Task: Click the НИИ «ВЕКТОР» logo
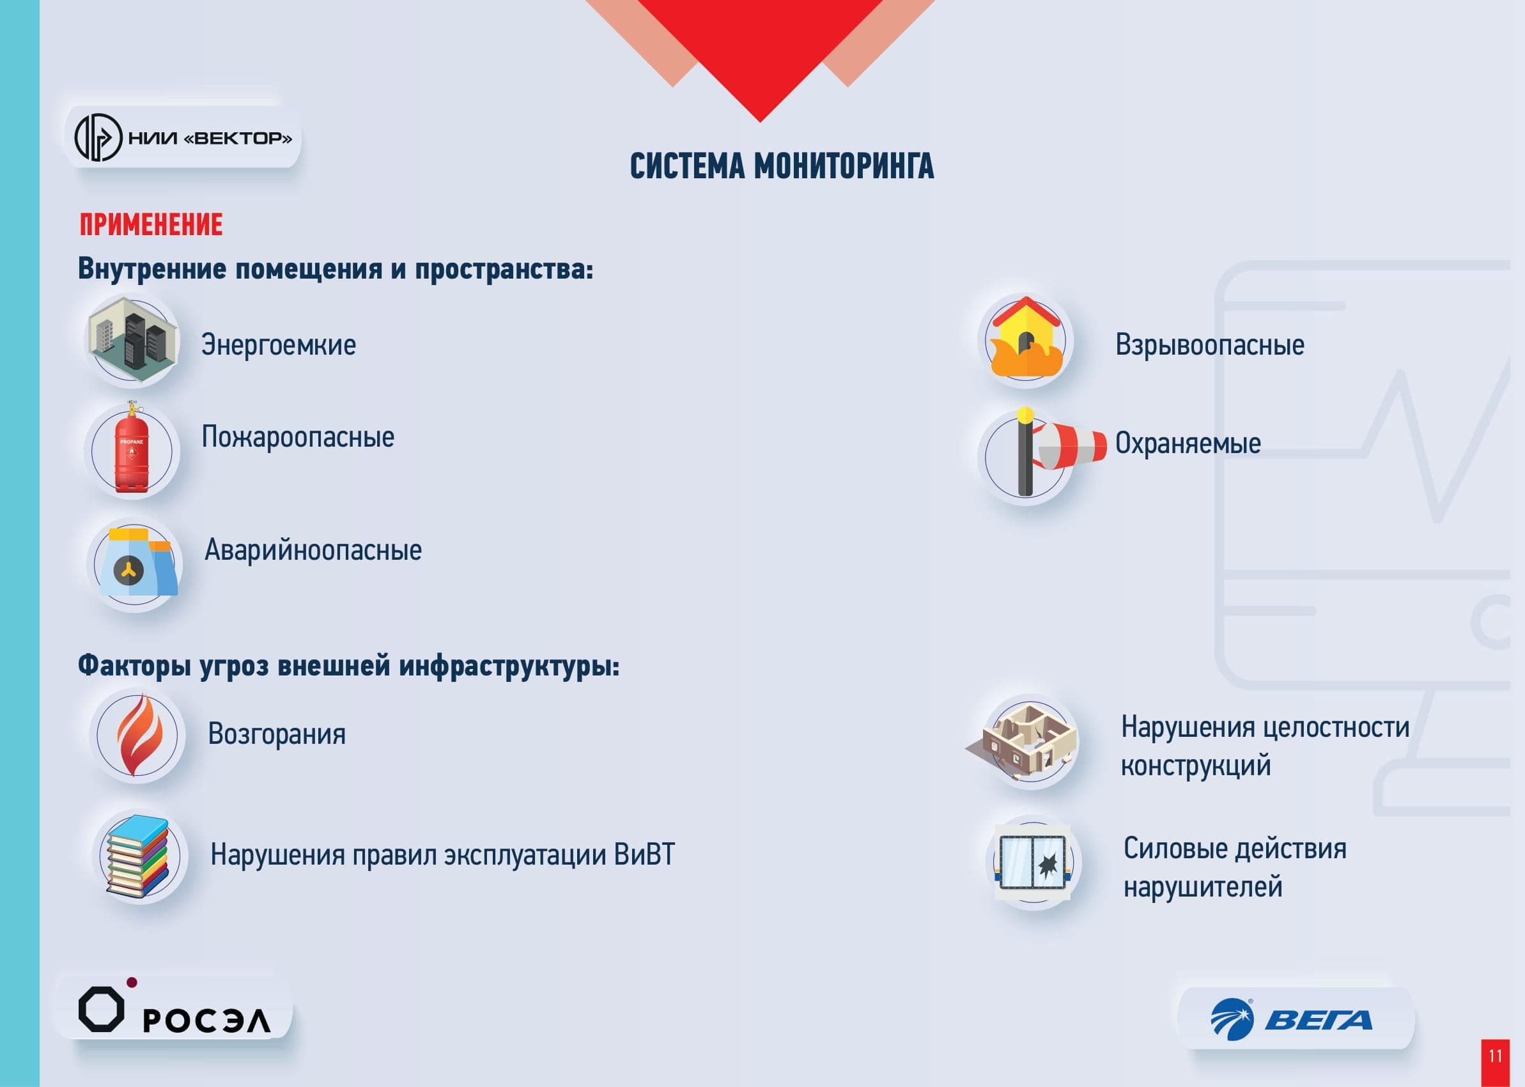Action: [x=183, y=138]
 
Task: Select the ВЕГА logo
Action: [x=1291, y=1019]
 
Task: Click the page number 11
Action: [x=1496, y=1056]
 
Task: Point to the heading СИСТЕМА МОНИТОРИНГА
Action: [x=781, y=166]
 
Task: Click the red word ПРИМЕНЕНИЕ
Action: [x=151, y=225]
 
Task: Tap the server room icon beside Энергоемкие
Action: [x=132, y=340]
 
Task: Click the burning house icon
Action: [x=1025, y=338]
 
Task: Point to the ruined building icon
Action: [x=1025, y=743]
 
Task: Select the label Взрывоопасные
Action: [x=1209, y=345]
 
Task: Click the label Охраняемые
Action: [x=1188, y=443]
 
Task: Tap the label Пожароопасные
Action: [x=298, y=437]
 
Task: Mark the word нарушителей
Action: [x=1202, y=887]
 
